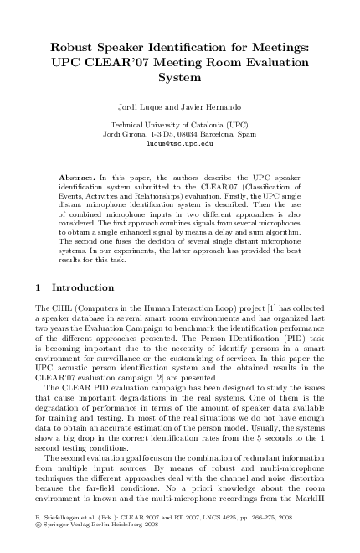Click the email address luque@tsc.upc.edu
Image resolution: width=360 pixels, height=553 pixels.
180,143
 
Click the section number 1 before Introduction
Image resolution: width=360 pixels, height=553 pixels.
41,287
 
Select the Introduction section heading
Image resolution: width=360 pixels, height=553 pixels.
82,287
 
